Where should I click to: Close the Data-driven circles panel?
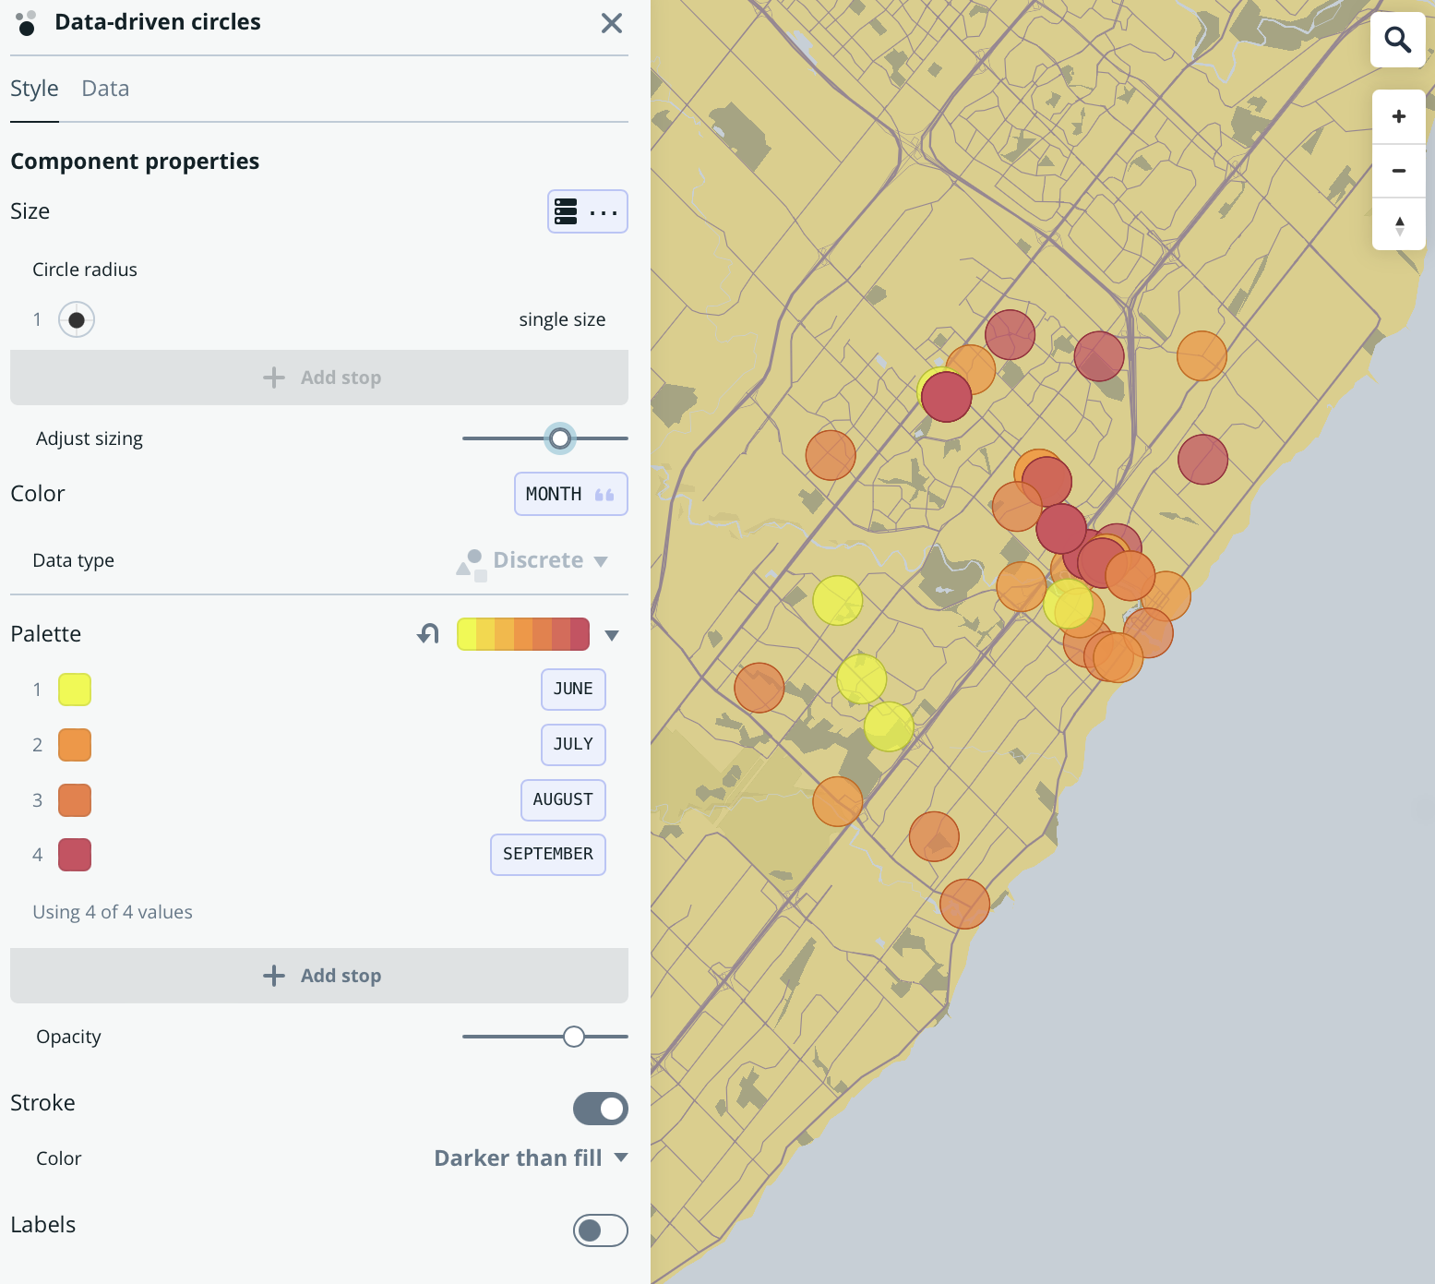point(612,23)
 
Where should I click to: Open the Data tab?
point(105,89)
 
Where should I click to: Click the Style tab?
point(34,89)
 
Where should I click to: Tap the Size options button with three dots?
point(588,211)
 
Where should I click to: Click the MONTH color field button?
point(570,494)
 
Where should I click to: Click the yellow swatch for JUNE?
point(75,690)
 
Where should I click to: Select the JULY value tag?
point(573,744)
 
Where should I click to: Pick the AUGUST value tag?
point(563,799)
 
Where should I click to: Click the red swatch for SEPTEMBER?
point(75,855)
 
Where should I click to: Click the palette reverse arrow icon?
point(428,634)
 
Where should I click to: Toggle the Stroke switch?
point(601,1109)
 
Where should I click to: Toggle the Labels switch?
point(601,1230)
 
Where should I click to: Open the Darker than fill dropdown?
point(531,1158)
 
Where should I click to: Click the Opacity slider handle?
point(574,1037)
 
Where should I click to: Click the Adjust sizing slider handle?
point(560,438)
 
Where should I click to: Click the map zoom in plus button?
point(1399,116)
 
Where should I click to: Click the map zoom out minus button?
point(1399,171)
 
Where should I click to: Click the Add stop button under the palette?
point(319,976)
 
